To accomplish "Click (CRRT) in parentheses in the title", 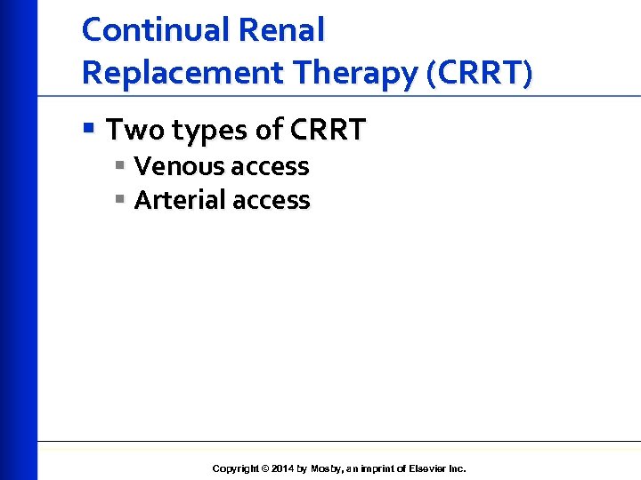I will [x=480, y=72].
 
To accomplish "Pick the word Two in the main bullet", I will [x=136, y=131].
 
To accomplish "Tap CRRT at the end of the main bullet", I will [x=327, y=131].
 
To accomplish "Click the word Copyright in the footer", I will [x=236, y=468].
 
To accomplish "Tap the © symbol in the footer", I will [x=265, y=468].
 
